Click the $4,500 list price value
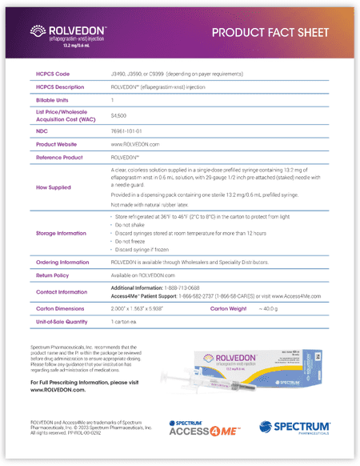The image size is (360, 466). click(x=118, y=115)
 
